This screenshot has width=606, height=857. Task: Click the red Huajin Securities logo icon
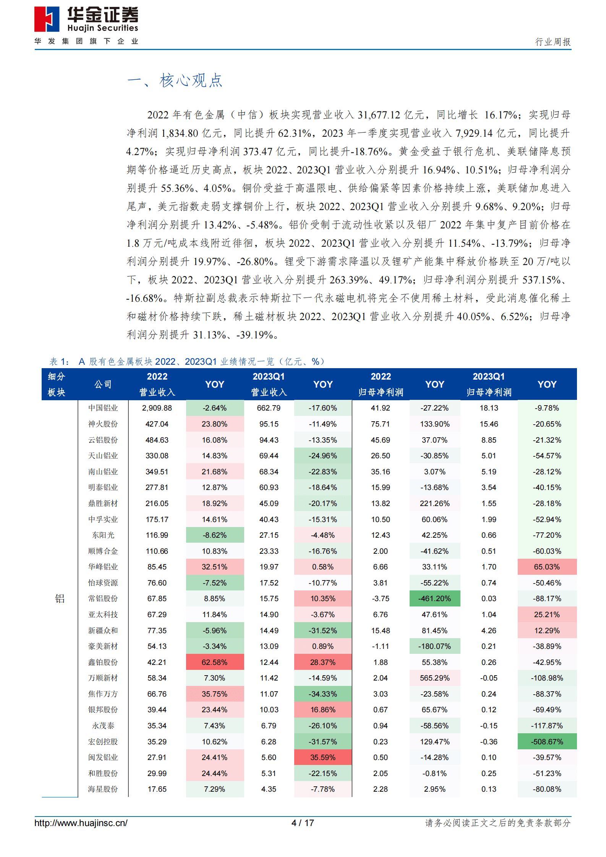pos(47,19)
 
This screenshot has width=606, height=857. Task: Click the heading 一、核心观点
pos(175,81)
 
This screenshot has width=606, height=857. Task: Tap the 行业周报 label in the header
pos(553,42)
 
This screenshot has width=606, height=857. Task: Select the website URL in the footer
pos(81,823)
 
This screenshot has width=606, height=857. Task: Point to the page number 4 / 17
pos(303,823)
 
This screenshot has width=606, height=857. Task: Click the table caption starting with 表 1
pos(187,362)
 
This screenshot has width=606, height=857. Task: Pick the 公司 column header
pos(103,384)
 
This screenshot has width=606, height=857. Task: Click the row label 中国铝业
pos(103,408)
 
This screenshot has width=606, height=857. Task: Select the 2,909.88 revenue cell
pos(157,408)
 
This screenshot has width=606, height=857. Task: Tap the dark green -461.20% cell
pos(434,598)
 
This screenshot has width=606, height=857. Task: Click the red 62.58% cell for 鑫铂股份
pos(215,662)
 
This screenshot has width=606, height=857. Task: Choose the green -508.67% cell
pos(547,742)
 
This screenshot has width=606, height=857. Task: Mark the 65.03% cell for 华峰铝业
pos(547,567)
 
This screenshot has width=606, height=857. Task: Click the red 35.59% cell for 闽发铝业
pos(323,757)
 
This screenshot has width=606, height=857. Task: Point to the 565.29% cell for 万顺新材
pos(434,678)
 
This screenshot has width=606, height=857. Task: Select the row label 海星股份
pos(103,789)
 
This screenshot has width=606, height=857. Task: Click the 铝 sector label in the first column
pos(60,598)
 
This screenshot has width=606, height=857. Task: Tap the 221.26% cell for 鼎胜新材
pos(434,503)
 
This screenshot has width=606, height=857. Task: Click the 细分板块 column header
pos(57,384)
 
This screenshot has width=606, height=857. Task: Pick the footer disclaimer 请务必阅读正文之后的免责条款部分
pos(498,823)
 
